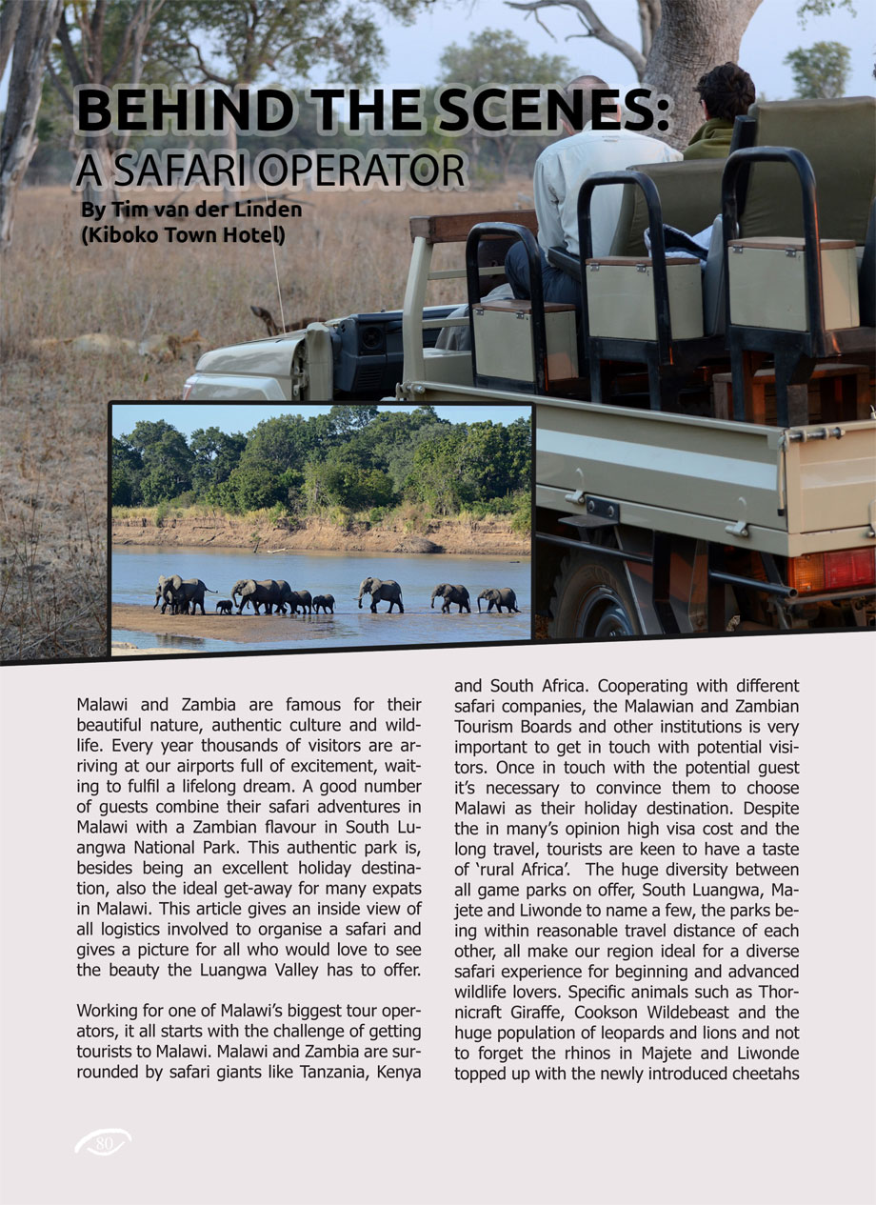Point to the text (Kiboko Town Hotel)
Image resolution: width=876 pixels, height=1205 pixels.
(183, 233)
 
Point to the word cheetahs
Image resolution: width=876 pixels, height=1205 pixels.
(760, 1072)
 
